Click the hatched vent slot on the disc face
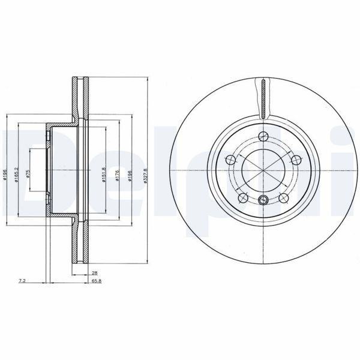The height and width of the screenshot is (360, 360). point(263,98)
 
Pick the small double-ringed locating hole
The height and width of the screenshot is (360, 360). point(263,201)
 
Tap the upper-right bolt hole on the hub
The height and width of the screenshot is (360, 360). point(295,159)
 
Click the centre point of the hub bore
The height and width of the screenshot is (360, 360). point(263,170)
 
